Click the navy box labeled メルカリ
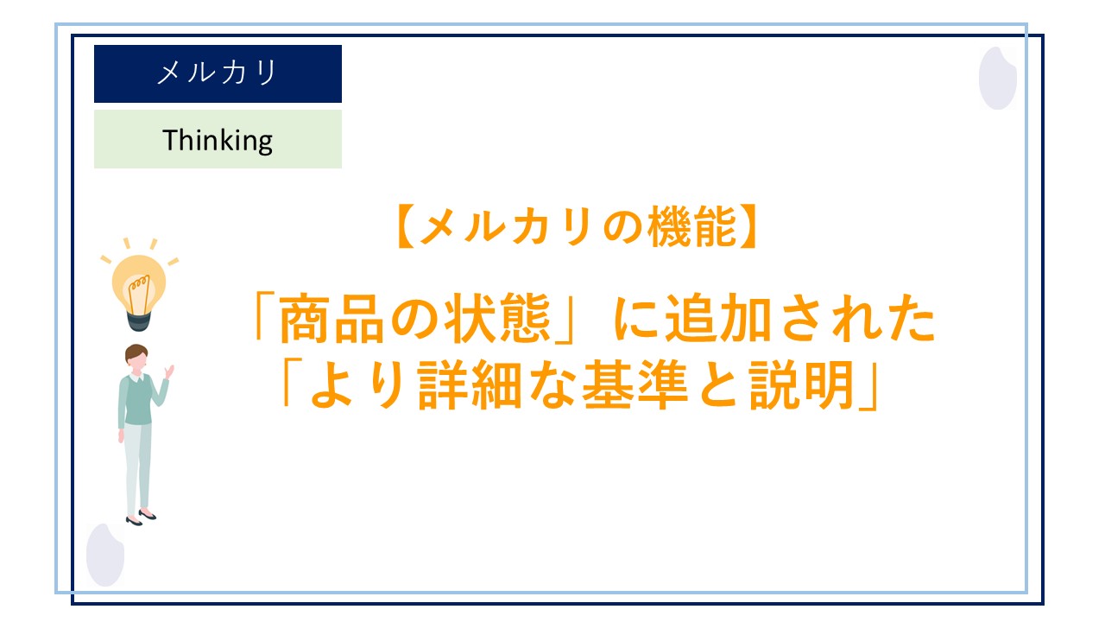point(218,73)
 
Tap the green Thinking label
point(218,139)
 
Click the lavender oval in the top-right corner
point(997,78)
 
